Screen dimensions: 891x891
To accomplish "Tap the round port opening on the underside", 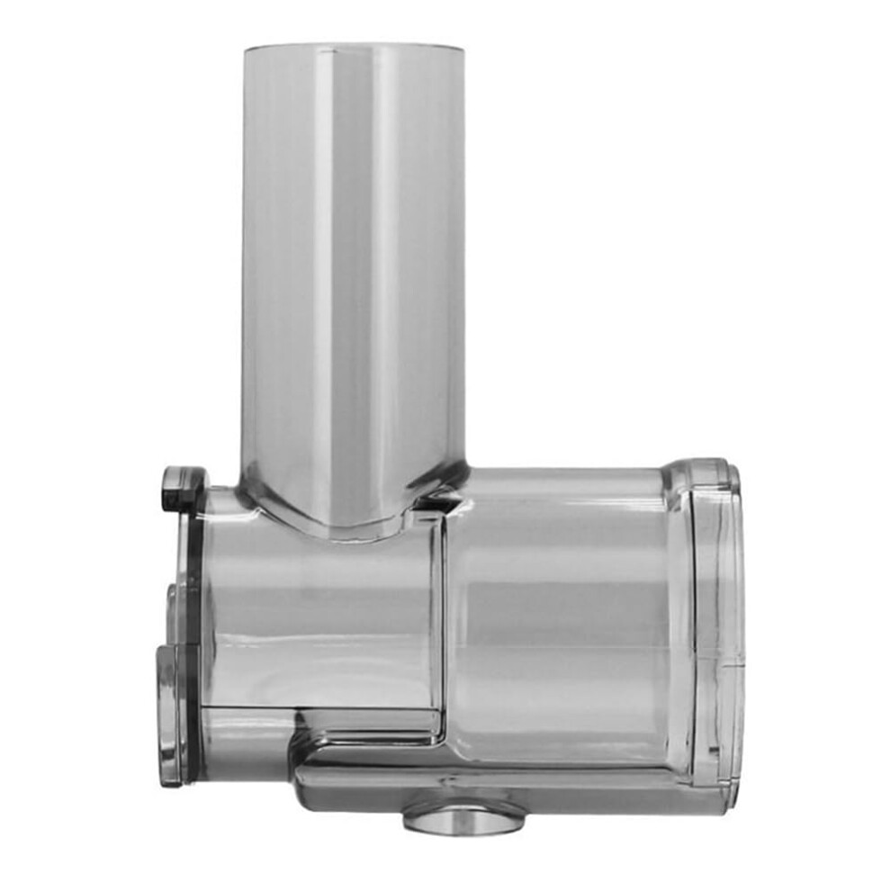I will tap(463, 817).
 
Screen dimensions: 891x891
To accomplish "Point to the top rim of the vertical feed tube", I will tap(354, 45).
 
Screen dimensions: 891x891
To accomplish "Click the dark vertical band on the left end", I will tap(191, 630).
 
